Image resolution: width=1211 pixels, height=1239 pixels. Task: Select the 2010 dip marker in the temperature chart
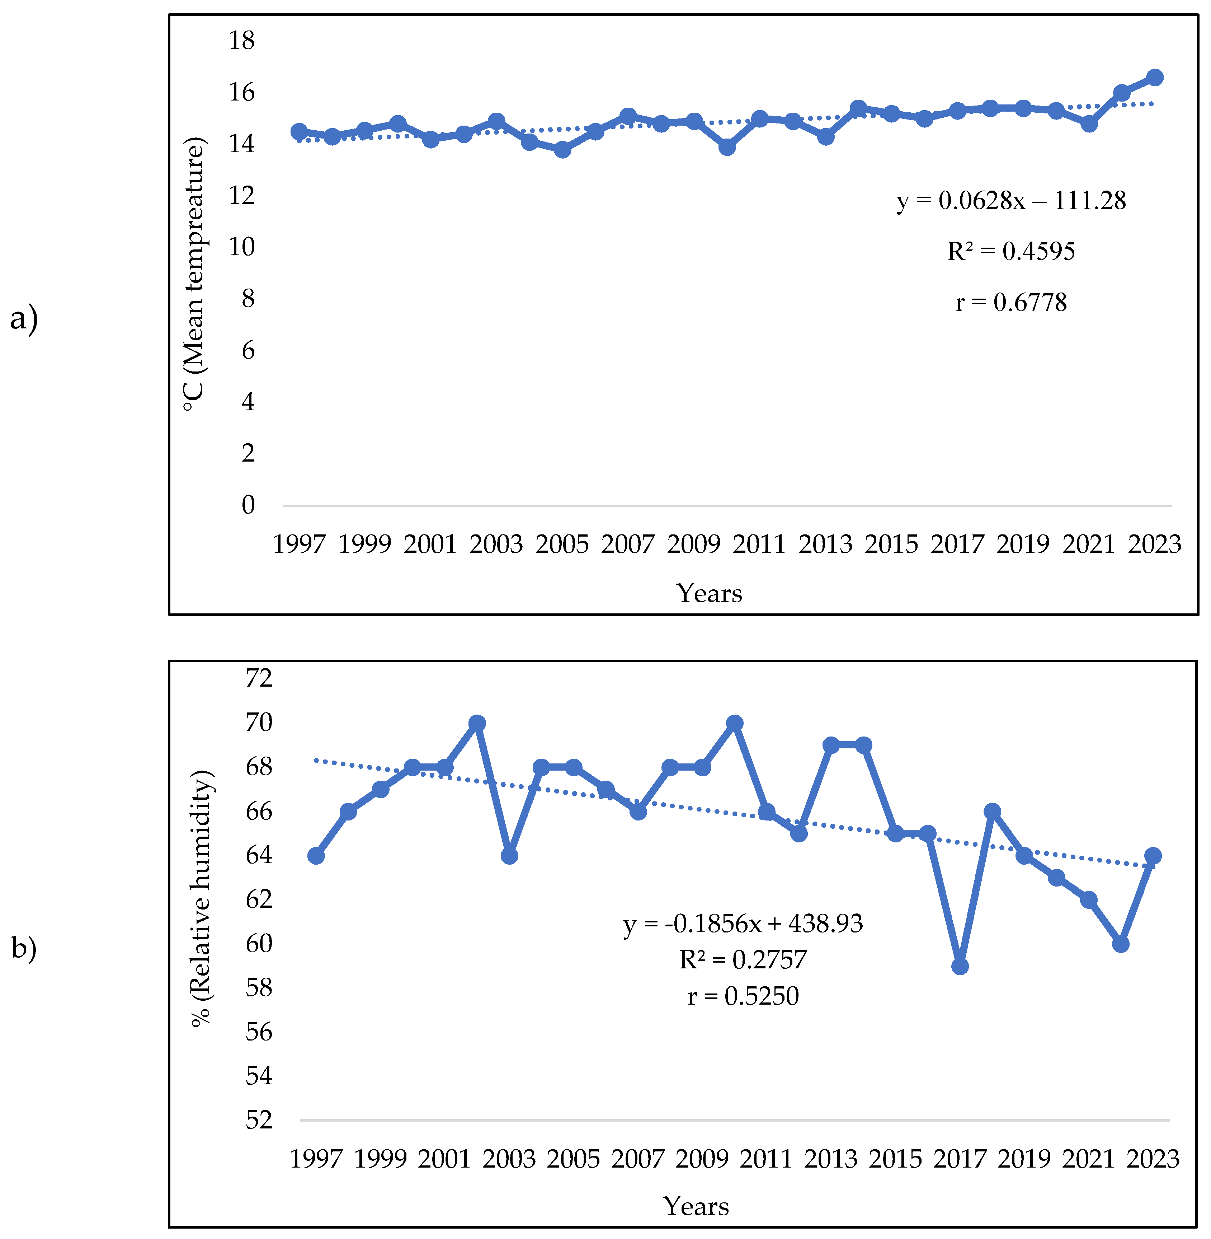(727, 147)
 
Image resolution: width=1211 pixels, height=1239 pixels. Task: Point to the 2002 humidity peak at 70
(477, 723)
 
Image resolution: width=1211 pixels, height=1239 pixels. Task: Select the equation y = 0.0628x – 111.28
(1010, 200)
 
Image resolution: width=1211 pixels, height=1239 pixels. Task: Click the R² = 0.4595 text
(1010, 251)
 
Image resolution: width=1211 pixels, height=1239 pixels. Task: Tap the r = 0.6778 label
(1010, 302)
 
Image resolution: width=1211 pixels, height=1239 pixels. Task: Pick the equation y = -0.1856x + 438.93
(742, 924)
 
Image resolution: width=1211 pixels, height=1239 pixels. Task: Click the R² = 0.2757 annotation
(742, 960)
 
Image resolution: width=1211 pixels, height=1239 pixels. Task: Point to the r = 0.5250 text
(742, 996)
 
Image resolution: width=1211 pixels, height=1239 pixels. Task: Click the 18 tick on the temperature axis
(242, 41)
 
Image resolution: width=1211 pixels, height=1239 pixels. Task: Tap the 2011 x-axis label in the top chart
(759, 544)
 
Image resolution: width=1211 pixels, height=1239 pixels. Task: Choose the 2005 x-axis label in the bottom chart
(573, 1159)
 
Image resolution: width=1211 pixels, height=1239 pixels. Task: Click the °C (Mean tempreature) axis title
(194, 273)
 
